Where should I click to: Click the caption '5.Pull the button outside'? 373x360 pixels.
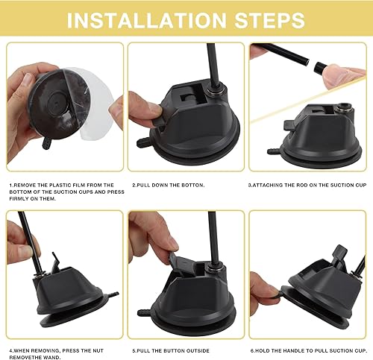pyautogui.click(x=169, y=350)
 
